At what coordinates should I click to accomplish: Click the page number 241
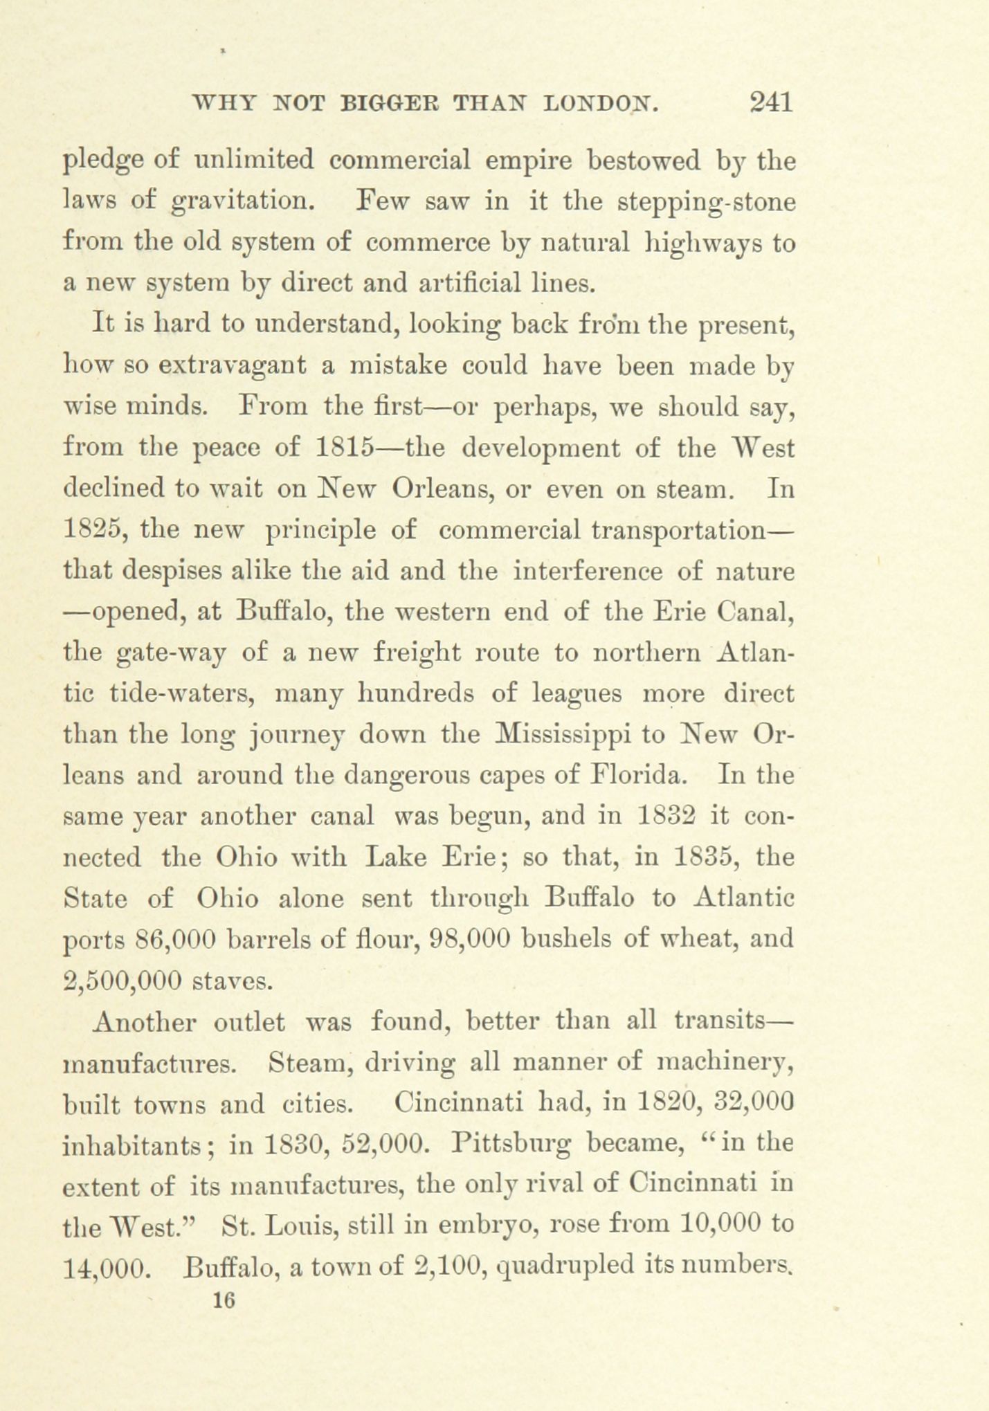pos(770,103)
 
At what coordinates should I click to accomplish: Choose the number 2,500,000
pos(122,980)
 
